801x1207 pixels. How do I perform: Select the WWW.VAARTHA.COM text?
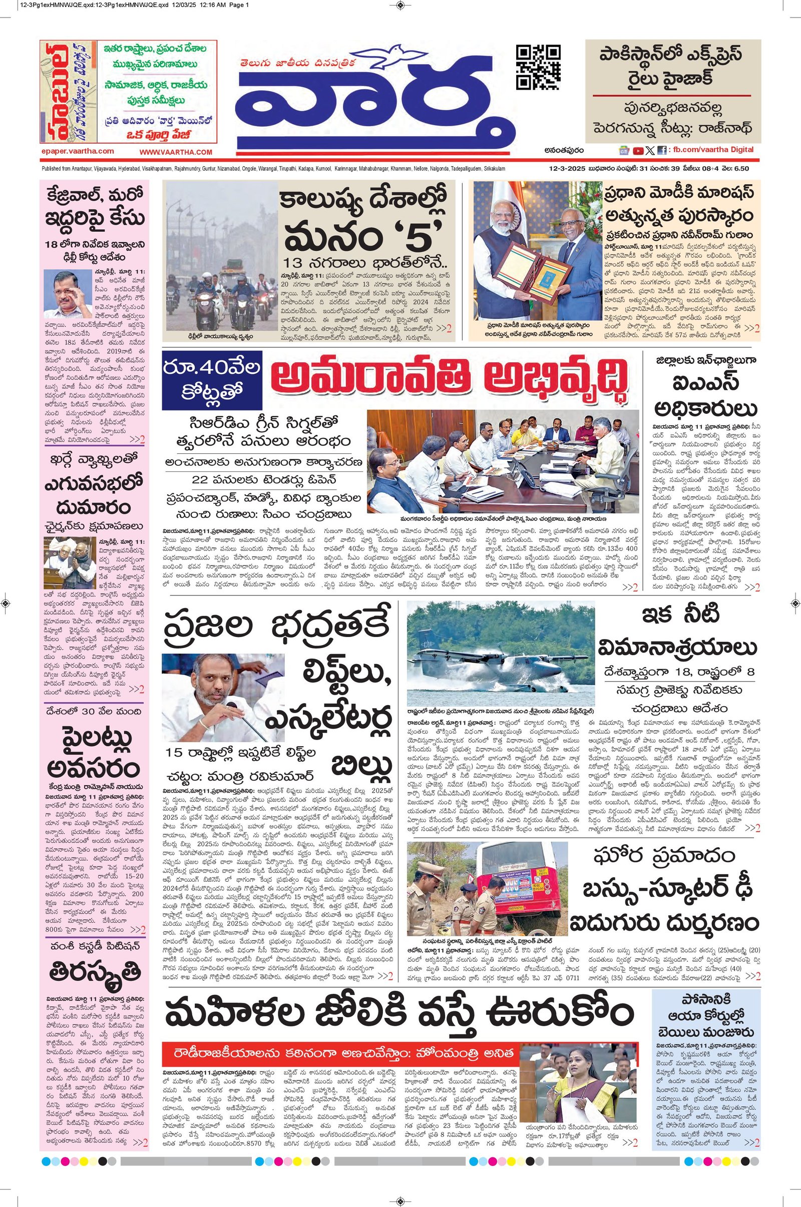point(176,152)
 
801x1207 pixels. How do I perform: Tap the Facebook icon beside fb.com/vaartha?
point(661,151)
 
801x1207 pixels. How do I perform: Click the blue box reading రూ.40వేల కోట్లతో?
point(212,380)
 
